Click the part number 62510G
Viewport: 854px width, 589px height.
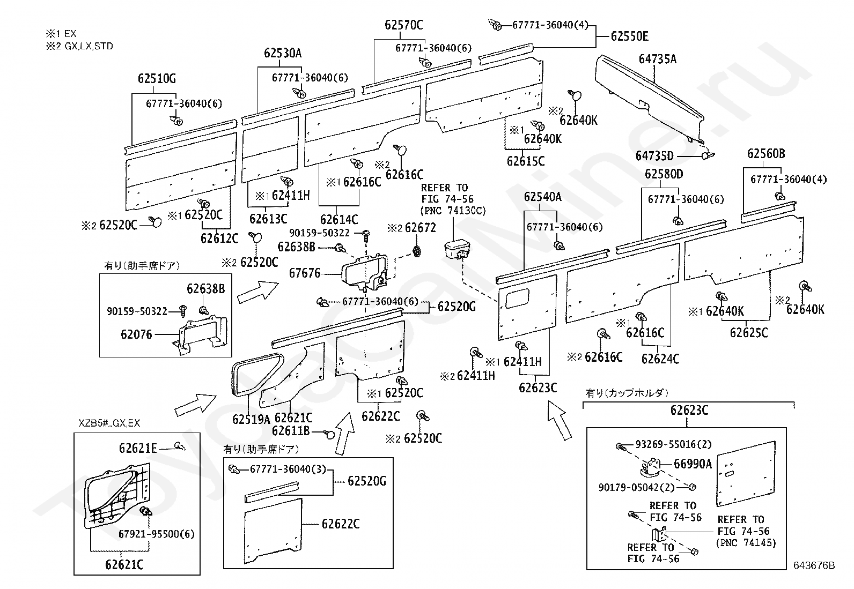coord(157,78)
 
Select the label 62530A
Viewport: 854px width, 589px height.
coord(283,53)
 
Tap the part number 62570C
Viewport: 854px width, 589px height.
coord(404,25)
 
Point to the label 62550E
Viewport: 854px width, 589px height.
coord(629,36)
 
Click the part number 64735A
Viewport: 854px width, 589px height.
coord(658,59)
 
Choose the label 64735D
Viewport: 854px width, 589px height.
coord(654,156)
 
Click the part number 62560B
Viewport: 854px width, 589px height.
coord(767,153)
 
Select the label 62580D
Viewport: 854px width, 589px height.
coord(664,174)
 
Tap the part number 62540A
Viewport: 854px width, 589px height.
coord(542,197)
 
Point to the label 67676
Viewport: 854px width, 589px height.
coord(305,273)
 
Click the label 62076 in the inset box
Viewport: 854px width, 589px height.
coord(136,334)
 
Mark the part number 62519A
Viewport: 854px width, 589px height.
coord(251,420)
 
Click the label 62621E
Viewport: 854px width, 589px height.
coord(138,449)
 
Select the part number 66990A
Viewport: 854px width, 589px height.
coord(693,464)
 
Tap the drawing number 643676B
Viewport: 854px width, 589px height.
coord(814,565)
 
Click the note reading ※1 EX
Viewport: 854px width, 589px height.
coord(61,34)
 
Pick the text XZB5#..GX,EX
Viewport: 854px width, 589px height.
coord(109,423)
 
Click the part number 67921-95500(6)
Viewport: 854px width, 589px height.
coord(156,534)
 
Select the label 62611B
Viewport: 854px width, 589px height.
coord(291,431)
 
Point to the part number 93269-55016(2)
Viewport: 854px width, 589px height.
coord(674,444)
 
